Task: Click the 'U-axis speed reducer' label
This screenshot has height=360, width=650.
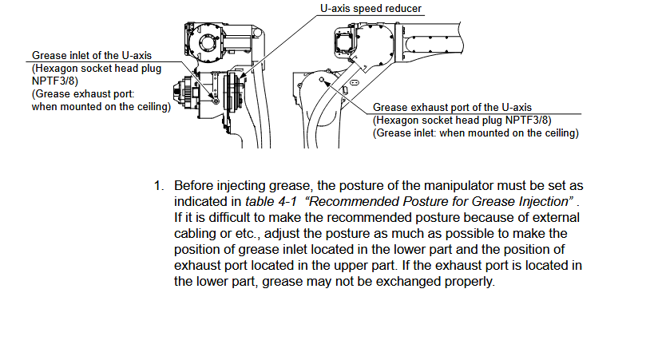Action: [371, 8]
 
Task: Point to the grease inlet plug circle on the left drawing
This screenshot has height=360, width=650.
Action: [216, 101]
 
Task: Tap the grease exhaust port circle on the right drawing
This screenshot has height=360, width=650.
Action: [322, 80]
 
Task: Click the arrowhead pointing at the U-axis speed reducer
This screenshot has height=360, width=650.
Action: [242, 77]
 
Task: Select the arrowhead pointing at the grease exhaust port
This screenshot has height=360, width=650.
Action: [327, 84]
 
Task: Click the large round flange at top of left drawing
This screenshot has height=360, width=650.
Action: [205, 42]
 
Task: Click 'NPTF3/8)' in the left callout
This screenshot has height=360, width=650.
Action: [55, 81]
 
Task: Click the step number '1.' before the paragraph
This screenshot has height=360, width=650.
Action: [159, 186]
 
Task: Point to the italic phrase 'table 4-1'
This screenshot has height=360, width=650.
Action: [271, 201]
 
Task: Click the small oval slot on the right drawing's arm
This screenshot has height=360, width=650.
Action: [354, 82]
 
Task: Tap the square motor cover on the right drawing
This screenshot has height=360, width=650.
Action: [343, 42]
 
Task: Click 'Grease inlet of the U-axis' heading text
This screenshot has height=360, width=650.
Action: [92, 56]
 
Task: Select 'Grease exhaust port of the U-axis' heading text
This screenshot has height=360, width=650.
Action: [452, 107]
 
